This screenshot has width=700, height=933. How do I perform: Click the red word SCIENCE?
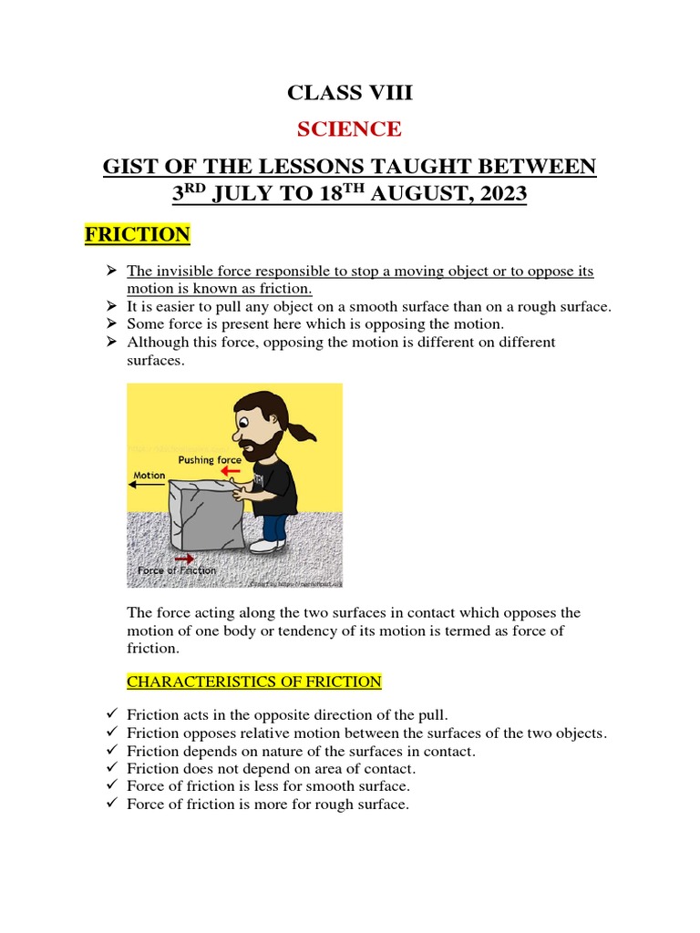349,128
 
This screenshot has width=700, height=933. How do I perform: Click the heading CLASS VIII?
349,92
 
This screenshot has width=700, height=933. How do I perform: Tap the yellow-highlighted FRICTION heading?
138,235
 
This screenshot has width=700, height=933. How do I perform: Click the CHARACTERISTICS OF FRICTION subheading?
254,682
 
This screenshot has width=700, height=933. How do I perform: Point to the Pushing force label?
210,460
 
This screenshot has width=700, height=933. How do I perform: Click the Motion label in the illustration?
149,475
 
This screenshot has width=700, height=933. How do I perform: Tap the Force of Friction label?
177,571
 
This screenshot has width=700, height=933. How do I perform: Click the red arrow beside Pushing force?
232,472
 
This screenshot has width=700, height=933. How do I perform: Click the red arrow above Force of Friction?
184,558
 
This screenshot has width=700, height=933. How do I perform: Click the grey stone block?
206,516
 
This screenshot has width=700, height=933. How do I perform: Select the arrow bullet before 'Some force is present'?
112,323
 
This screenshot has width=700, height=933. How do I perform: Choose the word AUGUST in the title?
411,195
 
